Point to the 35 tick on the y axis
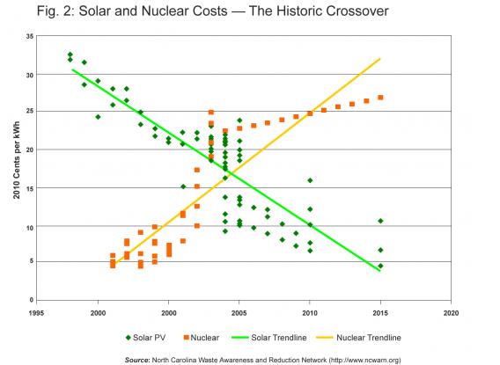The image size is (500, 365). pos(29,37)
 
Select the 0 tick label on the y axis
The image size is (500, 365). pos(32,301)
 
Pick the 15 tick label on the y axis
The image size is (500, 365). pos(29,188)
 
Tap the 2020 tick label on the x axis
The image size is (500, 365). pos(451,311)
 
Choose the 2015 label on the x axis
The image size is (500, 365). pos(380,311)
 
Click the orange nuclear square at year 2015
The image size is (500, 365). pos(380,98)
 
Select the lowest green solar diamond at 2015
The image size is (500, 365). pos(380,266)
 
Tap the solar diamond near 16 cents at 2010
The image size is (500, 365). pos(310,180)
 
